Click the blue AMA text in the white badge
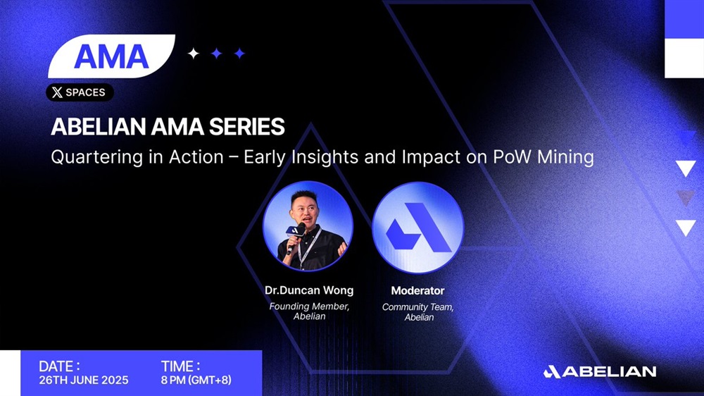111,56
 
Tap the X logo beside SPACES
57,92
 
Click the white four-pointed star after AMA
194,54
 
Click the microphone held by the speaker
295,237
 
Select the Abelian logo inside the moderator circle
418,227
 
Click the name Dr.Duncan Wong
309,290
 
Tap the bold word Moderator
417,291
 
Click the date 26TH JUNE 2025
84,380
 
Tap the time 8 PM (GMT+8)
196,380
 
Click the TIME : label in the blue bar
180,366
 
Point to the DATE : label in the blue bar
60,366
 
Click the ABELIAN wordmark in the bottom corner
600,372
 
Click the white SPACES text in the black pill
85,92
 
